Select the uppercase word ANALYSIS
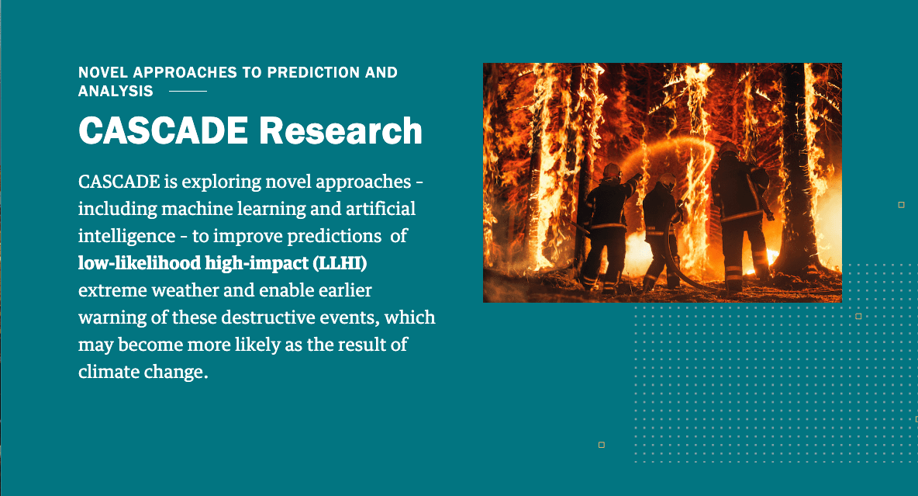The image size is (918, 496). [116, 91]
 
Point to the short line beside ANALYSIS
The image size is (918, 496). [188, 91]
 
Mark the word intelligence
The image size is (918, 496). [126, 236]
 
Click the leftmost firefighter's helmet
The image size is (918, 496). [612, 170]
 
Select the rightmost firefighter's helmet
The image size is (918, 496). [729, 150]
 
